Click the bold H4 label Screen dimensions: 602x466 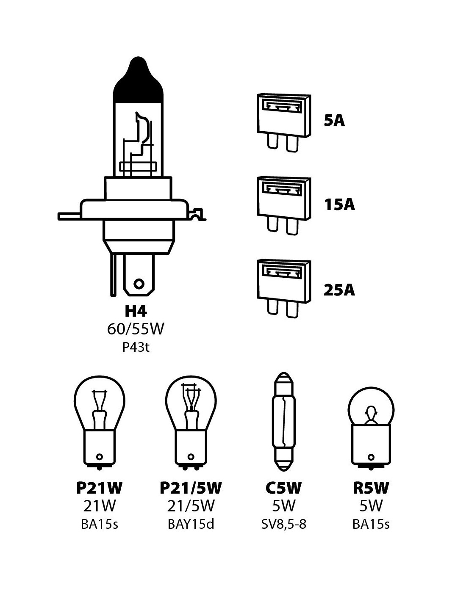click(x=136, y=311)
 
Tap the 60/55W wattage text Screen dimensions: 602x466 click(x=136, y=329)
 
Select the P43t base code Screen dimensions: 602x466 click(x=136, y=348)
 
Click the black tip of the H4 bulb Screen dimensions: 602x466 click(x=139, y=80)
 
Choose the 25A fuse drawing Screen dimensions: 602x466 click(x=283, y=288)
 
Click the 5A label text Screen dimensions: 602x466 click(x=334, y=121)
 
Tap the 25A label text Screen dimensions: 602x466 click(x=339, y=290)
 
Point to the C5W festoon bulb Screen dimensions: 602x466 click(x=283, y=421)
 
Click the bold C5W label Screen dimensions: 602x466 click(x=283, y=488)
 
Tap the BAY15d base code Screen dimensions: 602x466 click(x=191, y=524)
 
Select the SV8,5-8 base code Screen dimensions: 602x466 click(x=283, y=524)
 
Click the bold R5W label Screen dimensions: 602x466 click(x=371, y=488)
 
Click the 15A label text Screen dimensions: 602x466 click(x=339, y=205)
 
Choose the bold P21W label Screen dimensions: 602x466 click(x=100, y=488)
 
